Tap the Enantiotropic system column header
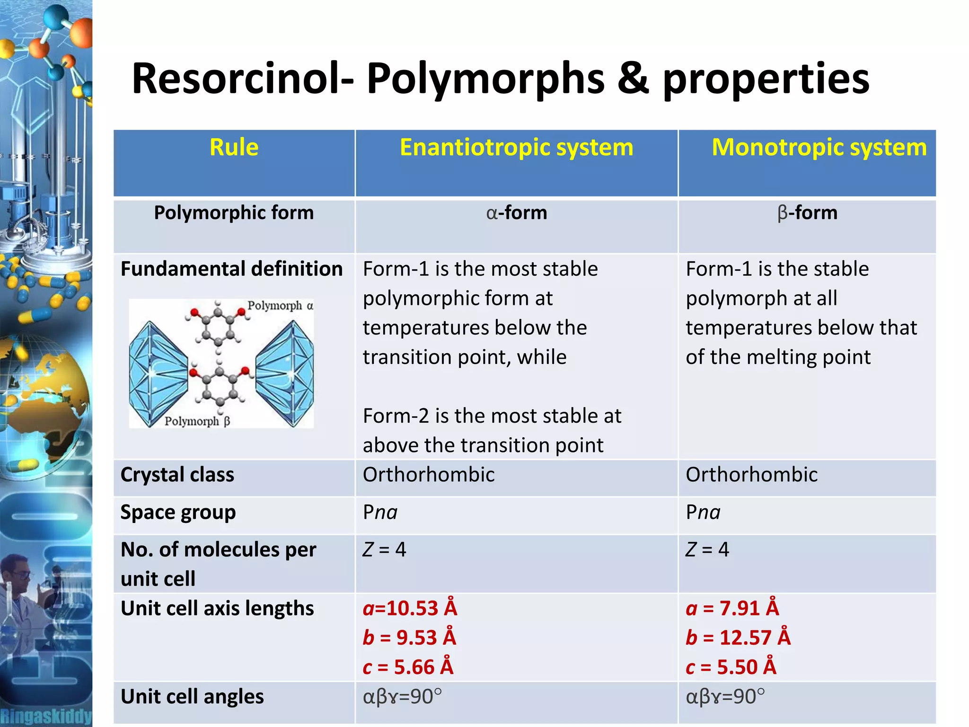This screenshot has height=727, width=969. [x=516, y=147]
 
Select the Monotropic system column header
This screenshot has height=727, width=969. [x=819, y=147]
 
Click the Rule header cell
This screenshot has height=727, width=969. [x=234, y=147]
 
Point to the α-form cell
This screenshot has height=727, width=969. [x=516, y=213]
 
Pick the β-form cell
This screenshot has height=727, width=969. [x=807, y=213]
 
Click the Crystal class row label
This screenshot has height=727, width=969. [x=177, y=475]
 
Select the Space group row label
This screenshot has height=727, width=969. [x=178, y=513]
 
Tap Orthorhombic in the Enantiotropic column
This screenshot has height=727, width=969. [x=429, y=475]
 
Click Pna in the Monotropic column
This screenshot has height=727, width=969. [x=703, y=513]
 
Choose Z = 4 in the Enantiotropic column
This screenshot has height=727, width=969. [x=384, y=550]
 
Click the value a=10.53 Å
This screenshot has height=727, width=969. [x=410, y=609]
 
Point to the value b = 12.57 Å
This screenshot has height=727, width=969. [x=738, y=638]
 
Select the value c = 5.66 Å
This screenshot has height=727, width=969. [x=408, y=667]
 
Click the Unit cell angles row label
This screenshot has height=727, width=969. [x=192, y=697]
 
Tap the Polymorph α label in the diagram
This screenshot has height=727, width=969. [x=280, y=306]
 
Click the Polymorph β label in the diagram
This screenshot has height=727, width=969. [x=197, y=421]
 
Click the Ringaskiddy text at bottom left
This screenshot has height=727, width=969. [x=46, y=716]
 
